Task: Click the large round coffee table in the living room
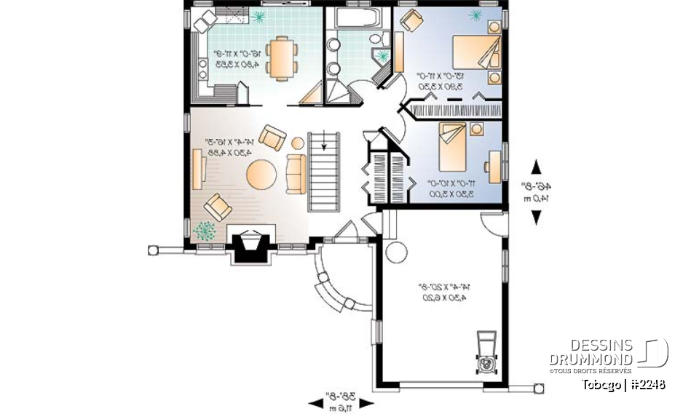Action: click(261, 174)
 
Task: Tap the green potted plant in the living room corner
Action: click(205, 230)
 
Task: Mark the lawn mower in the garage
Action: click(485, 355)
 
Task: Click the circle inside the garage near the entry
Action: click(396, 252)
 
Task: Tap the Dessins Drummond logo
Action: click(607, 354)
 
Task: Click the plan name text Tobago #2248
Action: click(623, 384)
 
